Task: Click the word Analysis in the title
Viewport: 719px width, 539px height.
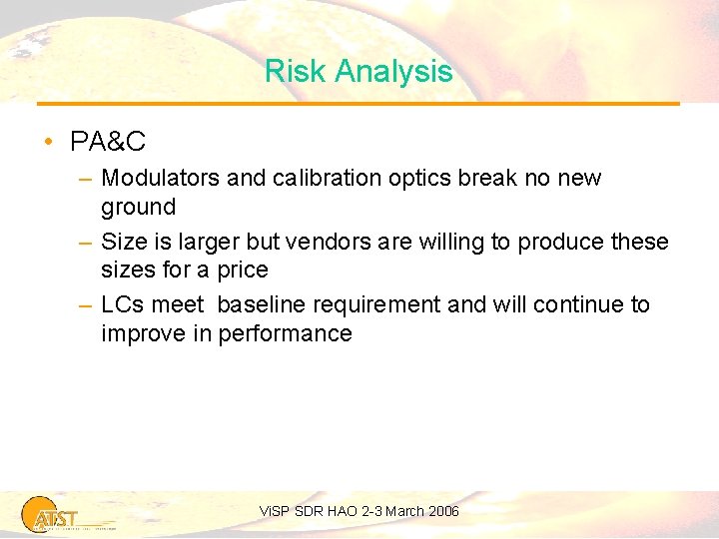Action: (x=394, y=72)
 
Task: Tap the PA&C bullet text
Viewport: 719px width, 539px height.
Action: (x=108, y=143)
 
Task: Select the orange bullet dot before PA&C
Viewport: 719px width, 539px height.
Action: (x=48, y=143)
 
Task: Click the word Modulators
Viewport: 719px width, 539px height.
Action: (x=161, y=179)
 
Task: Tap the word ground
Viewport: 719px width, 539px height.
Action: (x=138, y=208)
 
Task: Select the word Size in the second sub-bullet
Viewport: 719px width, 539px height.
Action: (x=123, y=243)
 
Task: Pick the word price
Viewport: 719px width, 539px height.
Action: (x=243, y=270)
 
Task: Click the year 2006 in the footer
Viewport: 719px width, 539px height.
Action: (x=441, y=512)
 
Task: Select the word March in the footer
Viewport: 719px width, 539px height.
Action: (x=403, y=512)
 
